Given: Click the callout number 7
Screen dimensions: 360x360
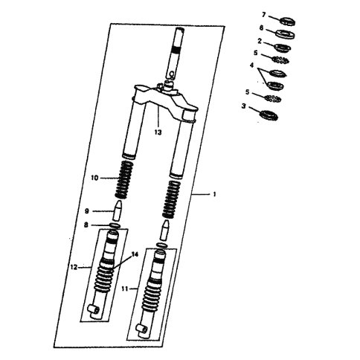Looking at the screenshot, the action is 263,16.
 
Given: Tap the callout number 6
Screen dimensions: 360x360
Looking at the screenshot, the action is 261,28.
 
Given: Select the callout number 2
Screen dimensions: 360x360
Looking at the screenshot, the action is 260,41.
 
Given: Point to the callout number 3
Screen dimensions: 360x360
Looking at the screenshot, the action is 244,106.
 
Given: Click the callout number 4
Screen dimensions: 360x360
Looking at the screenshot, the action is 252,65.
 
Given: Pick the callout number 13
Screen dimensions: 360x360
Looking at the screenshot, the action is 158,132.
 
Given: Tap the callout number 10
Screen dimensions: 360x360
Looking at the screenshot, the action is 94,178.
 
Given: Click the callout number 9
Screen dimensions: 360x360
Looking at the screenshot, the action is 87,211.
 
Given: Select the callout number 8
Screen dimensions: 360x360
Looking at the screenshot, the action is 86,225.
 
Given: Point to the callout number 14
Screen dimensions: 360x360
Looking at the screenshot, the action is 135,254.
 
